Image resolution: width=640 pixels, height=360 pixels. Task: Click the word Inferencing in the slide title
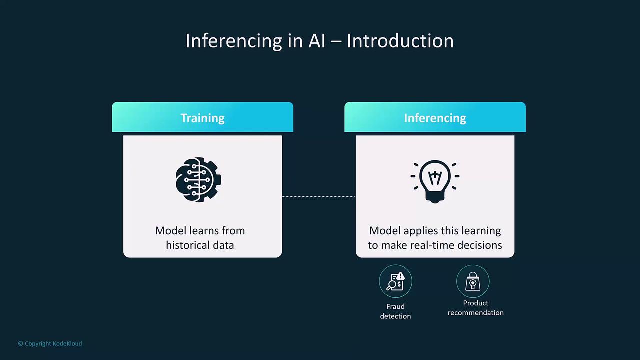234,41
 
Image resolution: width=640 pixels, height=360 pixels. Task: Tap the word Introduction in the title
400,41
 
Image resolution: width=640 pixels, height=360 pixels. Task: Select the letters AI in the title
317,41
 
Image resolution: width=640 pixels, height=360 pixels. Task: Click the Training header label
202,118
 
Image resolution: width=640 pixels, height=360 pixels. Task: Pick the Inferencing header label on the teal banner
435,118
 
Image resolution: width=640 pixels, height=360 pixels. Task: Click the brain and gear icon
198,180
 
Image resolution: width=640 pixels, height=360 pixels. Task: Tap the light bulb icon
435,181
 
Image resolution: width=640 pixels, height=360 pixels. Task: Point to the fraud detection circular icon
395,281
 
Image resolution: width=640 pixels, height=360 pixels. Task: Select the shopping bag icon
473,281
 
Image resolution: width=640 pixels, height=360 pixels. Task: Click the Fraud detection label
395,311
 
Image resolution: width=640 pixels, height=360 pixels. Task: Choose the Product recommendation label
476,308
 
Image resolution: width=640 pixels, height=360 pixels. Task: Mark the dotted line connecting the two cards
319,196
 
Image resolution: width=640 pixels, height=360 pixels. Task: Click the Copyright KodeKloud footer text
50,343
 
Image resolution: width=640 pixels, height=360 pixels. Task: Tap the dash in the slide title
336,41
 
